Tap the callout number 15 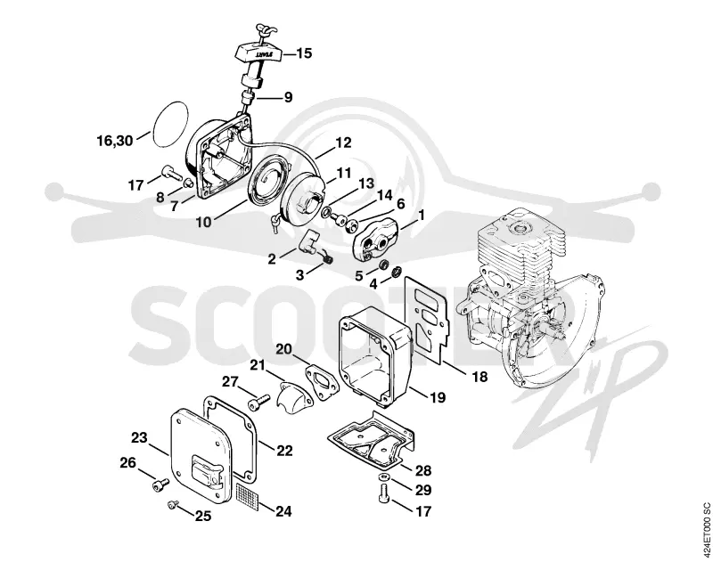click(x=304, y=53)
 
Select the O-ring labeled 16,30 click(x=169, y=124)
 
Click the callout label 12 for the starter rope click(x=343, y=143)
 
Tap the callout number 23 click(x=139, y=437)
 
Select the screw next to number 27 click(x=258, y=402)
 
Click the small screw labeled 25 click(x=173, y=503)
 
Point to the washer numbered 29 click(x=384, y=476)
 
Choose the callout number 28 click(x=422, y=470)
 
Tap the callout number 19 click(x=438, y=397)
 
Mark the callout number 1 click(x=421, y=215)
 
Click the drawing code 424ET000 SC click(x=705, y=530)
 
